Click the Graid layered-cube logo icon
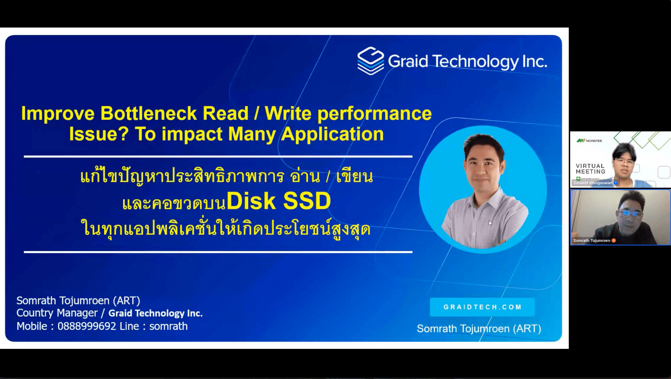[x=370, y=61]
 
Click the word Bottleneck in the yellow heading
[x=148, y=114]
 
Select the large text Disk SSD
[x=279, y=201]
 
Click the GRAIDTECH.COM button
[x=482, y=307]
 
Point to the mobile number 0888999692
[x=87, y=326]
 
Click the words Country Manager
[x=57, y=313]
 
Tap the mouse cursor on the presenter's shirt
[x=490, y=223]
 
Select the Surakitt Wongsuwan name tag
[x=593, y=183]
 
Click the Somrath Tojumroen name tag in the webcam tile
[x=592, y=241]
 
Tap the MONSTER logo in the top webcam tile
[x=589, y=141]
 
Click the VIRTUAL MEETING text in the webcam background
[x=590, y=169]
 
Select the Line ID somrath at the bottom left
[x=168, y=326]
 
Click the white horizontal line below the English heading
[x=218, y=157]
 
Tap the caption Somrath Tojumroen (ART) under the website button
[x=479, y=329]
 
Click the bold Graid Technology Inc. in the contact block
[x=155, y=313]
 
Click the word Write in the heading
[x=288, y=114]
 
